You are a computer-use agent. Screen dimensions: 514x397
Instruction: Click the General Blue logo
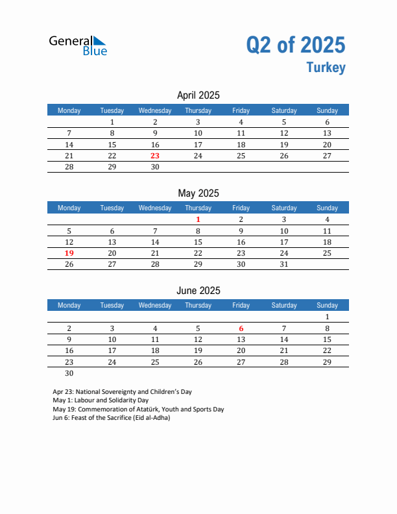click(x=78, y=45)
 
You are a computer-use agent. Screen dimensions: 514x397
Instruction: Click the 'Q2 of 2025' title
click(x=295, y=44)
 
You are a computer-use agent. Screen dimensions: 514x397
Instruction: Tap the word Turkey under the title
click(x=326, y=67)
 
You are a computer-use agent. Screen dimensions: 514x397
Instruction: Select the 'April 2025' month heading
click(x=198, y=95)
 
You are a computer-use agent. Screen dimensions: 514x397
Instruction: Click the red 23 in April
click(x=155, y=156)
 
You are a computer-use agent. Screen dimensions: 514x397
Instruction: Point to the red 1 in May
click(x=198, y=219)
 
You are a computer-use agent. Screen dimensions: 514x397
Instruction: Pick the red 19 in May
click(x=69, y=253)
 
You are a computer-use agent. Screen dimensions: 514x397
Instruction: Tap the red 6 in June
click(x=241, y=328)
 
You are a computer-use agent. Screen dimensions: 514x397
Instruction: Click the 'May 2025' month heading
click(x=198, y=193)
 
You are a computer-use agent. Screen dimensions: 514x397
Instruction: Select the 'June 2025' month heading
click(x=198, y=291)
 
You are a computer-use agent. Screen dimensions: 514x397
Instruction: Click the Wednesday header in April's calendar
click(x=155, y=110)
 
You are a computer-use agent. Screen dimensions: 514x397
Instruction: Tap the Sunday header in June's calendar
click(x=327, y=305)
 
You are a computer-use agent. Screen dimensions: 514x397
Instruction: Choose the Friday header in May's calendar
click(x=241, y=208)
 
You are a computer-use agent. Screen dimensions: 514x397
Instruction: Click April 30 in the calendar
click(x=155, y=167)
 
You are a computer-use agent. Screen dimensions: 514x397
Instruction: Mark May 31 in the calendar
click(x=283, y=264)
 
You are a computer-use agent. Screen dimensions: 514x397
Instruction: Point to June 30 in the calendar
click(x=69, y=373)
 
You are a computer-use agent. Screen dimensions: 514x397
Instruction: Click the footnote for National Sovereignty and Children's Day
click(x=122, y=392)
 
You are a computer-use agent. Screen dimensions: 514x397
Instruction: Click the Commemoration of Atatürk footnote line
click(x=138, y=409)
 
